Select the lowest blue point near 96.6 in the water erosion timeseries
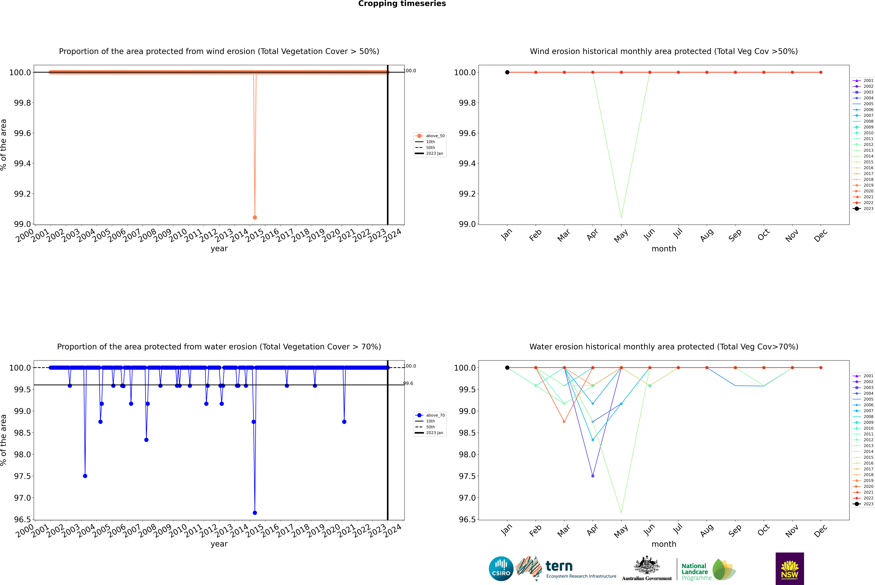[x=255, y=513]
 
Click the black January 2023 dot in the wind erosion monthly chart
[x=507, y=72]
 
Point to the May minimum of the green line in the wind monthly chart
[x=621, y=217]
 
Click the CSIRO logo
[x=501, y=569]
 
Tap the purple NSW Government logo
[x=790, y=569]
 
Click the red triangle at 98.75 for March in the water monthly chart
[x=564, y=422]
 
